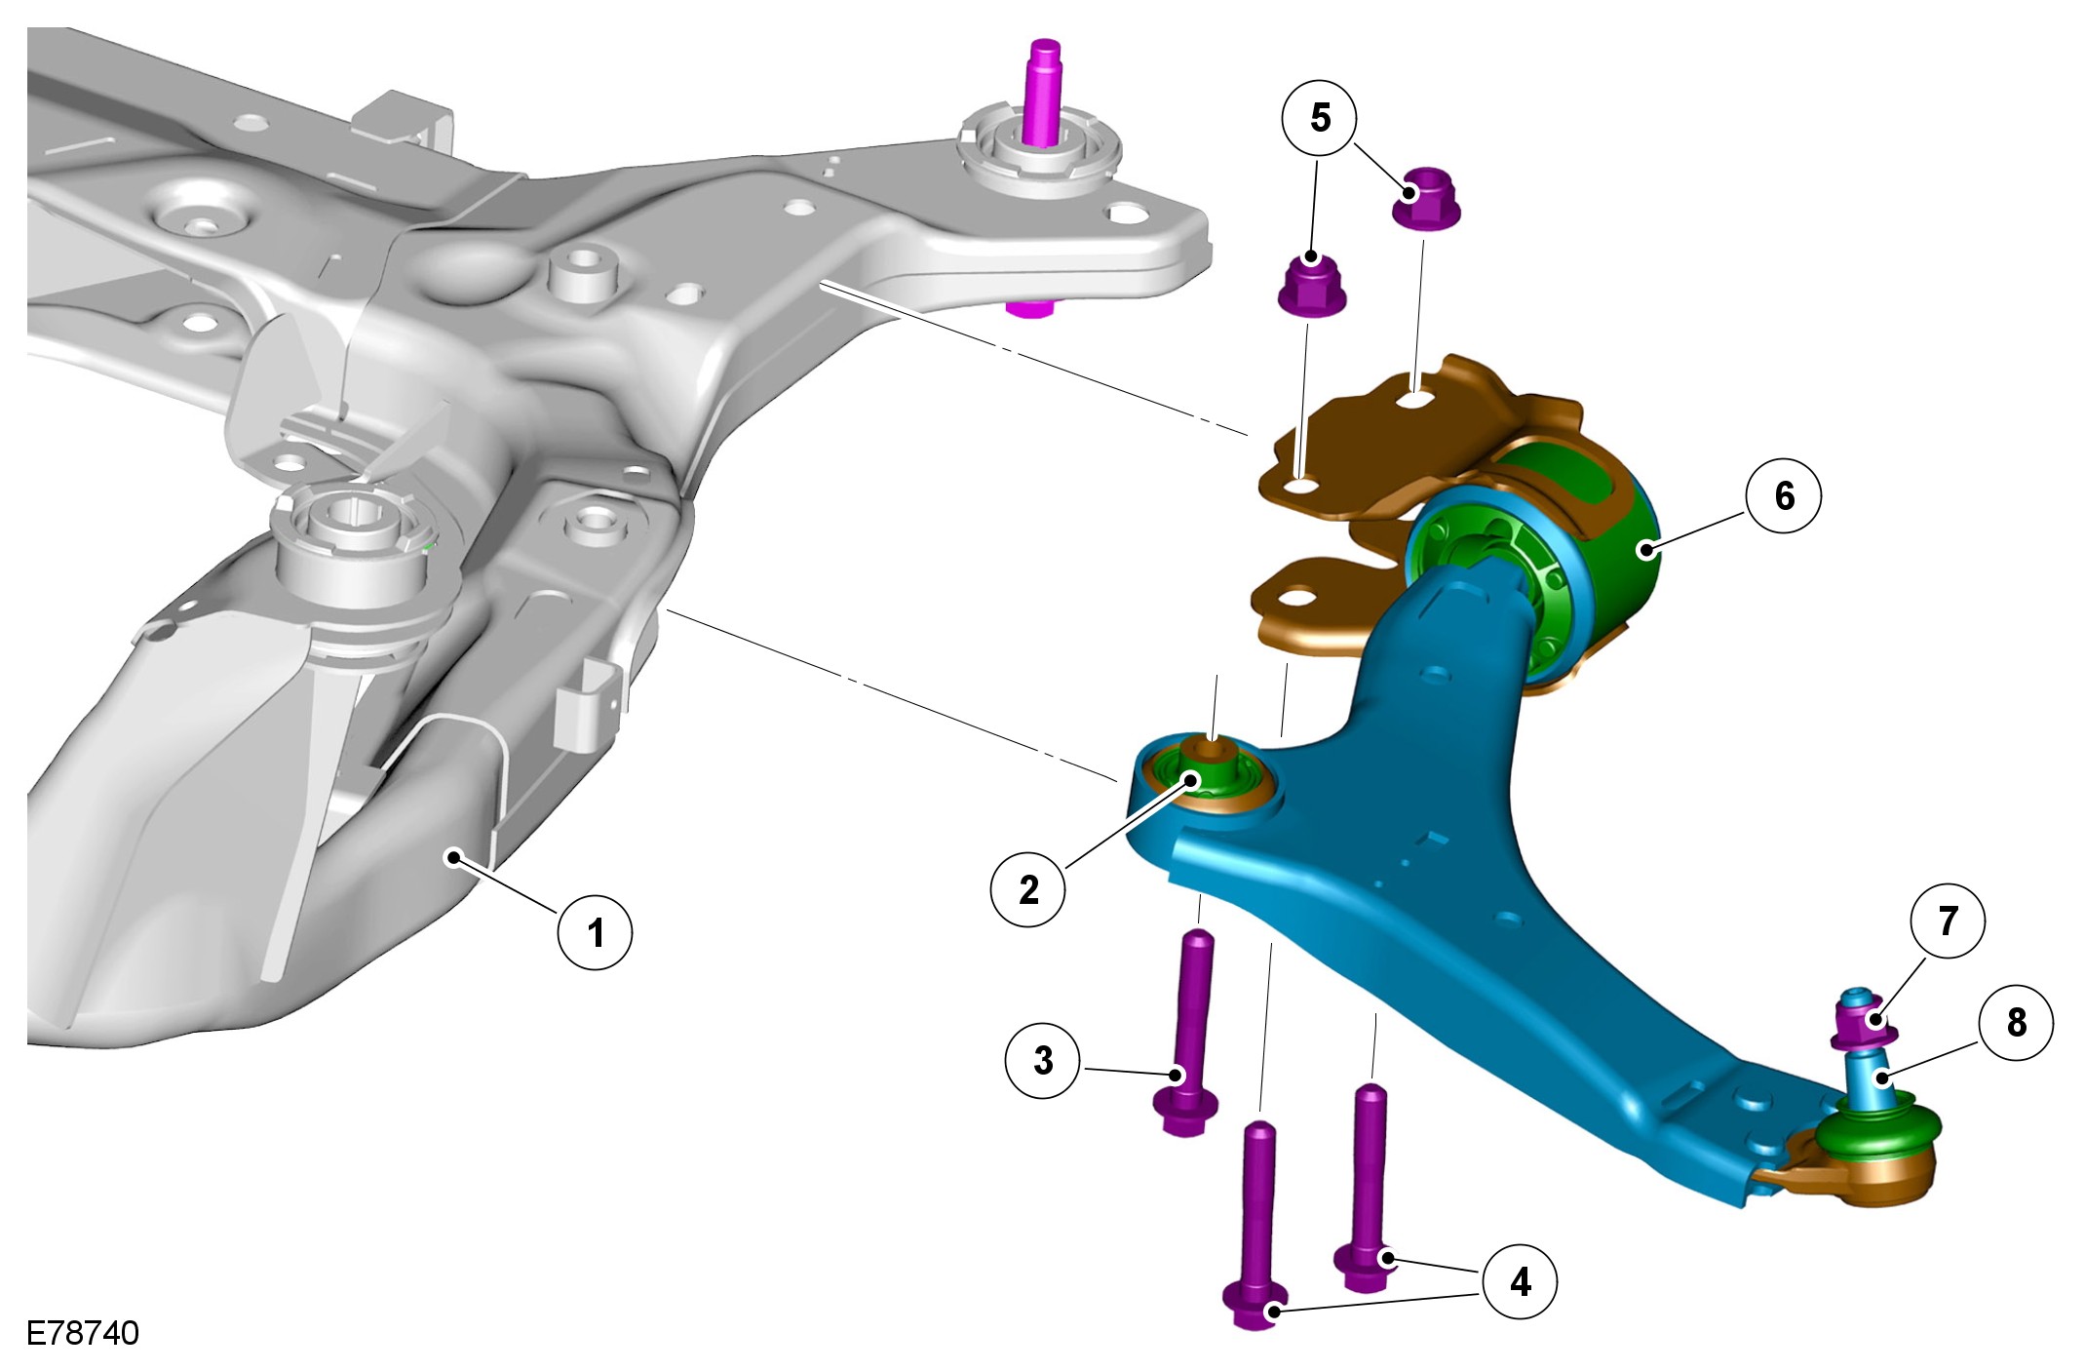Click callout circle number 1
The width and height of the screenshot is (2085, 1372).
[x=595, y=932]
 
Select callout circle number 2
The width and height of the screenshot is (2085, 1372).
[x=1028, y=888]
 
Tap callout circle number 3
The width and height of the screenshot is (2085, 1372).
[x=1043, y=1060]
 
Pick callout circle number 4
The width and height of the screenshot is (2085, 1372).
[x=1520, y=1281]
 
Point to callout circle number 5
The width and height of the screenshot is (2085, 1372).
[x=1320, y=118]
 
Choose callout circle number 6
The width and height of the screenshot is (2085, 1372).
[x=1784, y=495]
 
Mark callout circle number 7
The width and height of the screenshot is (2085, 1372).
[x=1948, y=921]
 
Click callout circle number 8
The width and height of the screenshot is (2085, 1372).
[x=2016, y=1022]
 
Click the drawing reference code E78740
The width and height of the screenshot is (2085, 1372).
[x=83, y=1333]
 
